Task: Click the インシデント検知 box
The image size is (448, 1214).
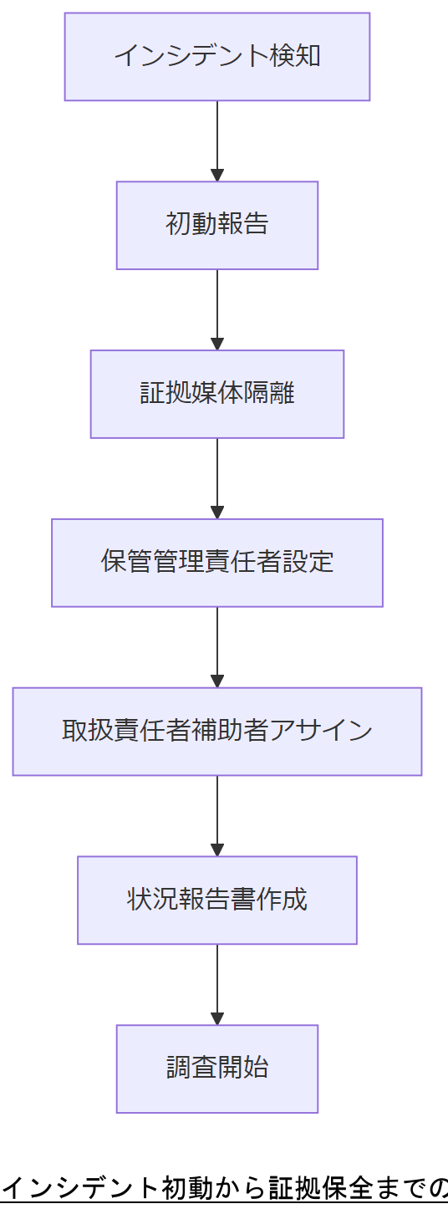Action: tap(217, 57)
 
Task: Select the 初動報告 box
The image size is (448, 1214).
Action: tap(217, 226)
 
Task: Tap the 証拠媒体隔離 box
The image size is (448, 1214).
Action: tap(217, 394)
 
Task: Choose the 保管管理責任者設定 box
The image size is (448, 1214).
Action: tap(217, 563)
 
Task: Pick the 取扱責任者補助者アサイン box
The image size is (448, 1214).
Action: tap(217, 732)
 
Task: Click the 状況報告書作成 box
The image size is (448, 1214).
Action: tap(217, 900)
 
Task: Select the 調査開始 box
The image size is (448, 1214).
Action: tap(217, 1069)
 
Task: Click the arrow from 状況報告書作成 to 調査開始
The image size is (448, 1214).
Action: tap(217, 983)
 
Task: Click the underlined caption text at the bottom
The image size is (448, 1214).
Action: tap(224, 1187)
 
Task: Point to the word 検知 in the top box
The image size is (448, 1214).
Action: tap(296, 57)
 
